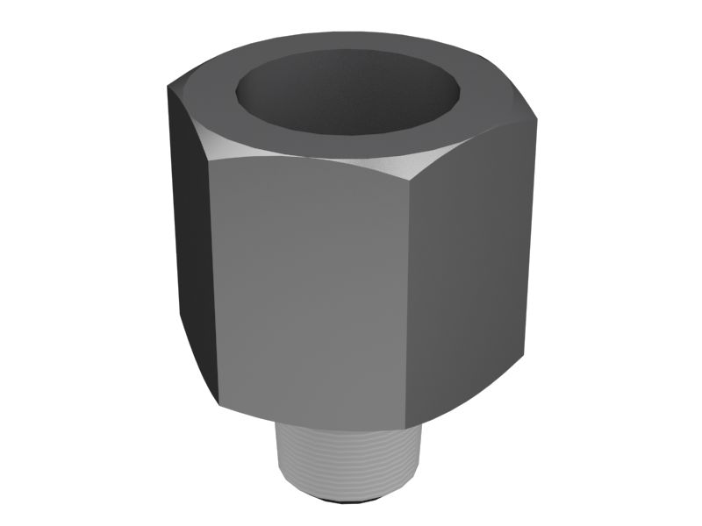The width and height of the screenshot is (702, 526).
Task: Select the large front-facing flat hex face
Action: pyautogui.click(x=312, y=281)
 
